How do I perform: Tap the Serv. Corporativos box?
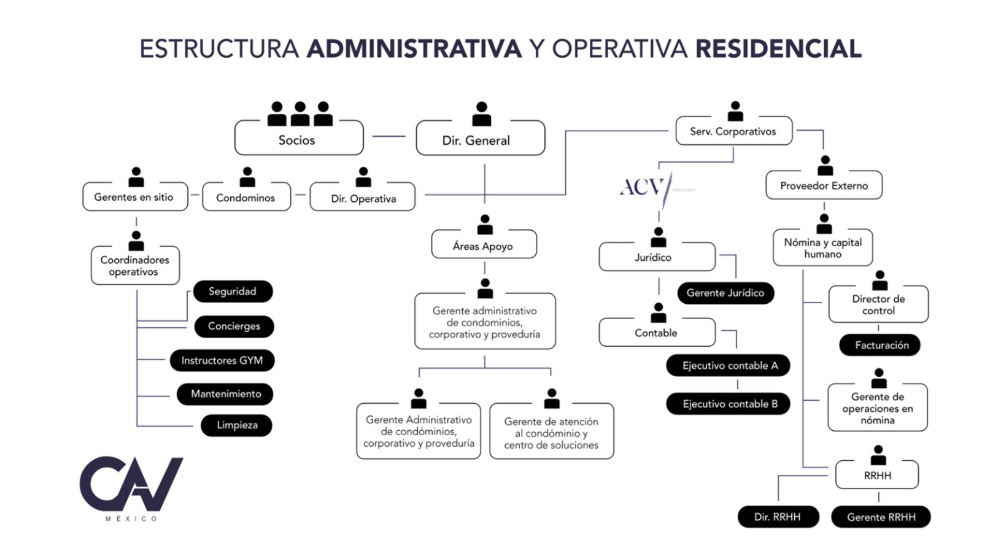pyautogui.click(x=733, y=131)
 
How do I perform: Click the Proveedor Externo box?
pyautogui.click(x=824, y=185)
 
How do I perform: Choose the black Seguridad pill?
pyautogui.click(x=233, y=291)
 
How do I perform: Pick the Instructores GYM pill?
pyautogui.click(x=222, y=360)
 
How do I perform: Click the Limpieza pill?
pyautogui.click(x=237, y=425)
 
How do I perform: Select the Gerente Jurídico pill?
pyautogui.click(x=725, y=293)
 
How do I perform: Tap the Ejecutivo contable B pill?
pyautogui.click(x=729, y=404)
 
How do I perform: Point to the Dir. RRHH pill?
pyautogui.click(x=778, y=517)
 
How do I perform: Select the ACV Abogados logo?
pyautogui.click(x=648, y=187)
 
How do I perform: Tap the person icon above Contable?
pyautogui.click(x=659, y=313)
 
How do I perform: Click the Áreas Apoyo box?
pyautogui.click(x=484, y=245)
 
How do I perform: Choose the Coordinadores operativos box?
pyautogui.click(x=135, y=266)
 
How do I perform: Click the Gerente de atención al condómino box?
pyautogui.click(x=551, y=432)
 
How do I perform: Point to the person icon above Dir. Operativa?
pyautogui.click(x=363, y=177)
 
